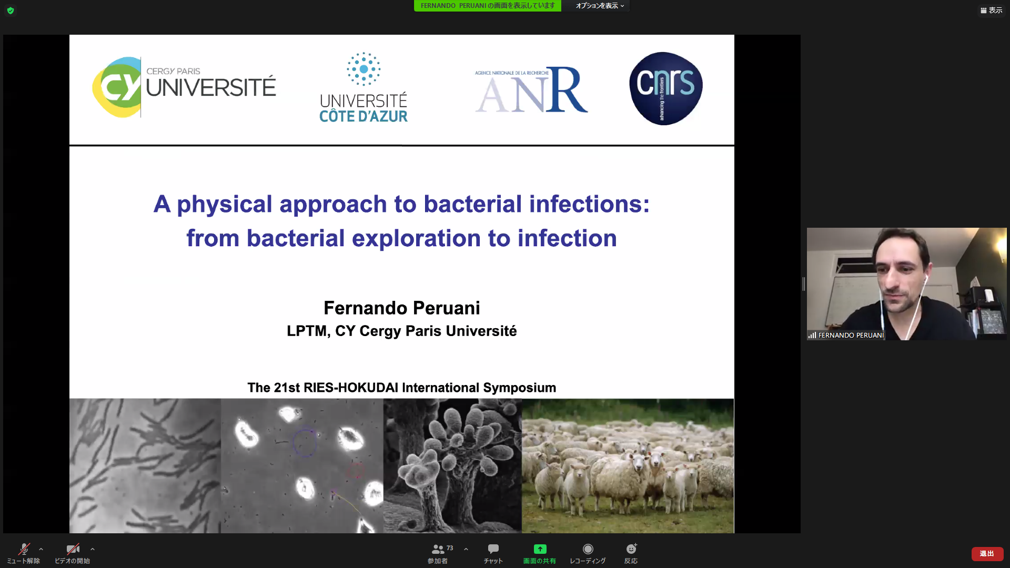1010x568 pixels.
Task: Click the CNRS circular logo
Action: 665,88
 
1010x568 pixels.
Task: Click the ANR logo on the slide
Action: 531,89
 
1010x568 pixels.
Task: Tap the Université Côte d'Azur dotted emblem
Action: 363,69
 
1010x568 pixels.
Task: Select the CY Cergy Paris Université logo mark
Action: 117,87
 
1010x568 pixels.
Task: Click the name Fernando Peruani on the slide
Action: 402,308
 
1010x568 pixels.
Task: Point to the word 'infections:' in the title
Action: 590,204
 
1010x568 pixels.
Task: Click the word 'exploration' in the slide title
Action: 416,238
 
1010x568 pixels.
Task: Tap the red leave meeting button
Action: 987,554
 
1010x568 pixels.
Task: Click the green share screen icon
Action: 540,549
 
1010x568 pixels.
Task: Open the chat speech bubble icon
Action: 493,549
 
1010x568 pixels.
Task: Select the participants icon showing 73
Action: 438,549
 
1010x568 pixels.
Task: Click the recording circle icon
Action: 588,549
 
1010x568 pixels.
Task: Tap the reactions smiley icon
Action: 631,549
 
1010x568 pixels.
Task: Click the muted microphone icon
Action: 24,549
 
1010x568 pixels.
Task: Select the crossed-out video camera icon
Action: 73,549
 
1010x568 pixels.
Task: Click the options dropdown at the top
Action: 600,6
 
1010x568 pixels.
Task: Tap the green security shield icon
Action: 11,11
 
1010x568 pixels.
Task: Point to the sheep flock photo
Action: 628,465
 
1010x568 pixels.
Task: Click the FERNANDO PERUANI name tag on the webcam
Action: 851,335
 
